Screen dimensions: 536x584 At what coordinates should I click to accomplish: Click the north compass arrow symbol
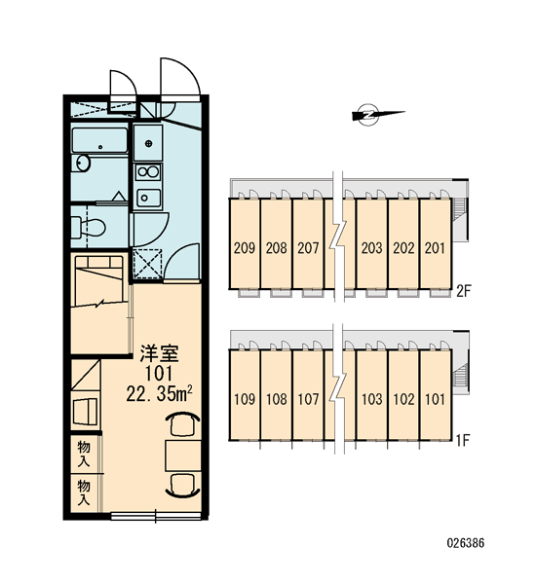(377, 115)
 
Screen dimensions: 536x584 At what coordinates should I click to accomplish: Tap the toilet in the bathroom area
(89, 227)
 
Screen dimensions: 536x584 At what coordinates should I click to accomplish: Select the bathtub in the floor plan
(99, 140)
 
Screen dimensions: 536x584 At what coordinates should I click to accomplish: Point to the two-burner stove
(148, 172)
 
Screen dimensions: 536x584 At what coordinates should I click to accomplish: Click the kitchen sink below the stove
(148, 198)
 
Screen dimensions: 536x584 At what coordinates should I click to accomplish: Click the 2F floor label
(465, 291)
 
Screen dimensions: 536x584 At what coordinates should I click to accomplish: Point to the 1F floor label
(463, 441)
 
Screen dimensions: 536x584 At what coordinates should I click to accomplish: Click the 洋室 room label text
(159, 354)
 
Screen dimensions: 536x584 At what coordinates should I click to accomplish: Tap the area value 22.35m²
(159, 394)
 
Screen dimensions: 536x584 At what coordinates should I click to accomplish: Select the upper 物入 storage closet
(84, 454)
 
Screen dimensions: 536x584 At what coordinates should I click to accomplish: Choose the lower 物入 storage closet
(84, 493)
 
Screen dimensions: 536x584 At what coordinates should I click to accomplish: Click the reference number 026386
(466, 543)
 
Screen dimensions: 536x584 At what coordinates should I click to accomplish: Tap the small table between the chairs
(183, 456)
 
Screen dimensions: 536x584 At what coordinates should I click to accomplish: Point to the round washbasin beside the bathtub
(83, 163)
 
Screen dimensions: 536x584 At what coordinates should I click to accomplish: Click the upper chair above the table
(183, 423)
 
